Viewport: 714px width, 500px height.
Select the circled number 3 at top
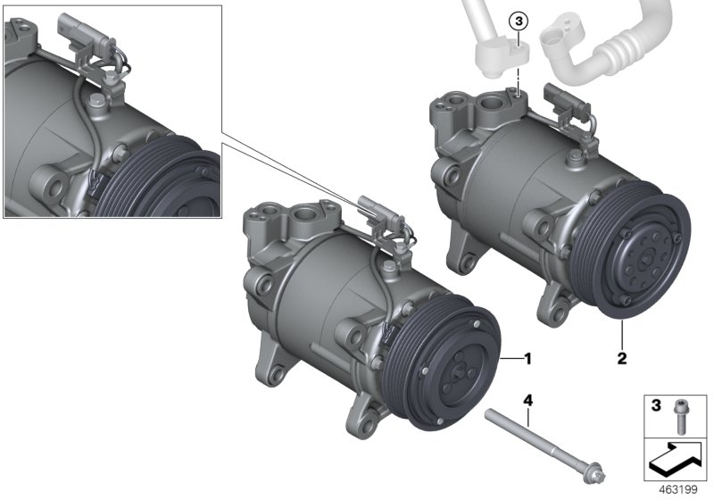pos(519,21)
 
